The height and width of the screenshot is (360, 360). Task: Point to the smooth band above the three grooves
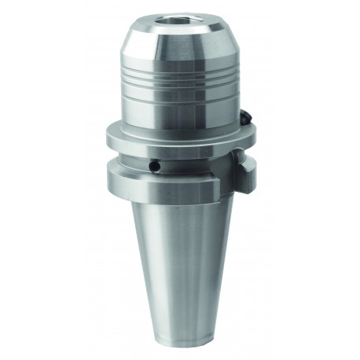(x=179, y=63)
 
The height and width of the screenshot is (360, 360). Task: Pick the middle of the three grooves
(x=179, y=82)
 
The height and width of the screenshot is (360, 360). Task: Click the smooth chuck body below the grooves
(x=179, y=106)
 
